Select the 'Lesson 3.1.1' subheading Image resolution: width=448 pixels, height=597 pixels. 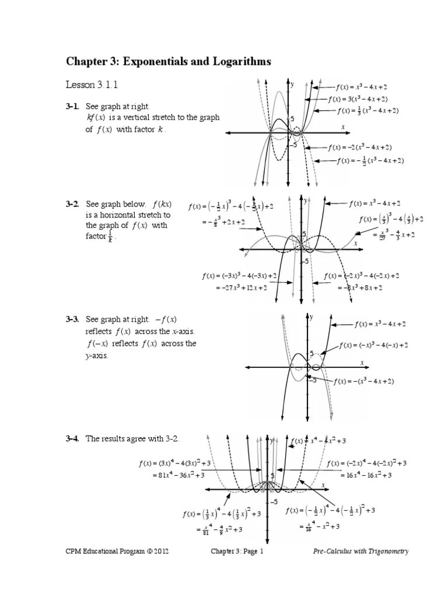92,85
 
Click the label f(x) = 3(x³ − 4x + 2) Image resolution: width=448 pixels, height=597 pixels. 358,99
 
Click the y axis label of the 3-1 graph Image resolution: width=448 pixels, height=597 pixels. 292,84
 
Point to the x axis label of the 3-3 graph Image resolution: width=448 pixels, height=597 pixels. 362,362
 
